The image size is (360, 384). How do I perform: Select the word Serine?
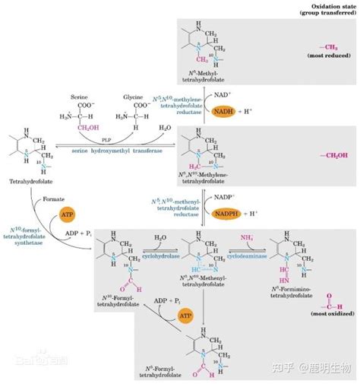point(80,97)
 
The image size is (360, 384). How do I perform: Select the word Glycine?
point(134,97)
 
